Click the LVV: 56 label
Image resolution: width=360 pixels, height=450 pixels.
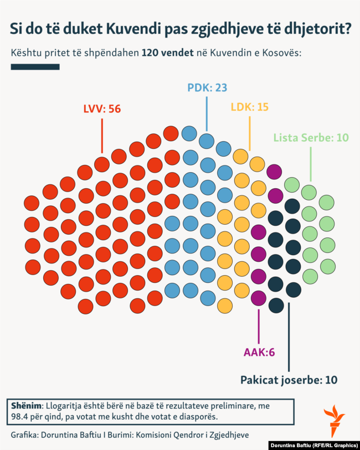point(102,109)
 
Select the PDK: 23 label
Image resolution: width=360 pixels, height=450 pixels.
point(207,87)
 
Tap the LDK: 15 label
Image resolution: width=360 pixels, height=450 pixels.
point(249,107)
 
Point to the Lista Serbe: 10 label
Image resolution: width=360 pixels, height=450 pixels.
point(311,137)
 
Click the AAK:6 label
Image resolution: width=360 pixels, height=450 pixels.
point(259,351)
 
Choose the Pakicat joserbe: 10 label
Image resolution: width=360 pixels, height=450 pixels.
point(289,380)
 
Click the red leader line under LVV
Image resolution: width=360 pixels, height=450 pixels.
point(102,136)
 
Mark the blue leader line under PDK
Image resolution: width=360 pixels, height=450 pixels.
point(207,113)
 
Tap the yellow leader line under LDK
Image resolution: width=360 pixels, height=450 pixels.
point(250,133)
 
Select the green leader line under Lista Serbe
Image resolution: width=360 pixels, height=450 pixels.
point(311,163)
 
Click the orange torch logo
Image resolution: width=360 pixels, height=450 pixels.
point(334,421)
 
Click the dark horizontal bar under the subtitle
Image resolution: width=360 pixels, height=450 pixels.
point(35,67)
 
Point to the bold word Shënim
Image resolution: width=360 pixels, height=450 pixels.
point(26,405)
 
